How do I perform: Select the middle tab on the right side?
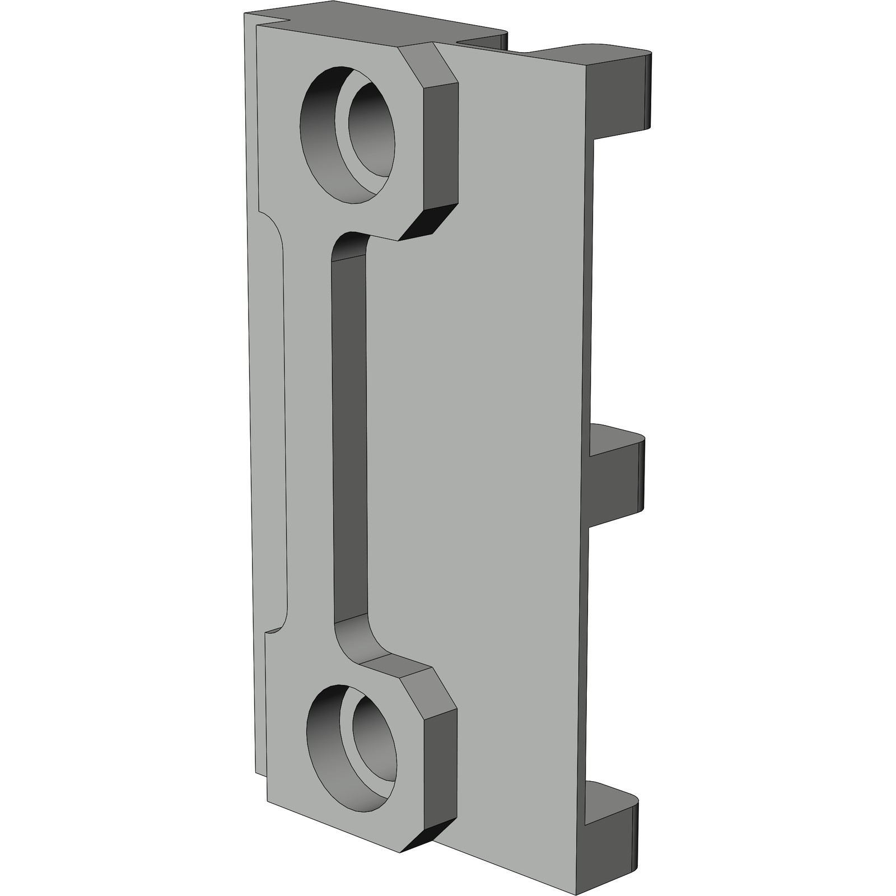[x=616, y=476]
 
